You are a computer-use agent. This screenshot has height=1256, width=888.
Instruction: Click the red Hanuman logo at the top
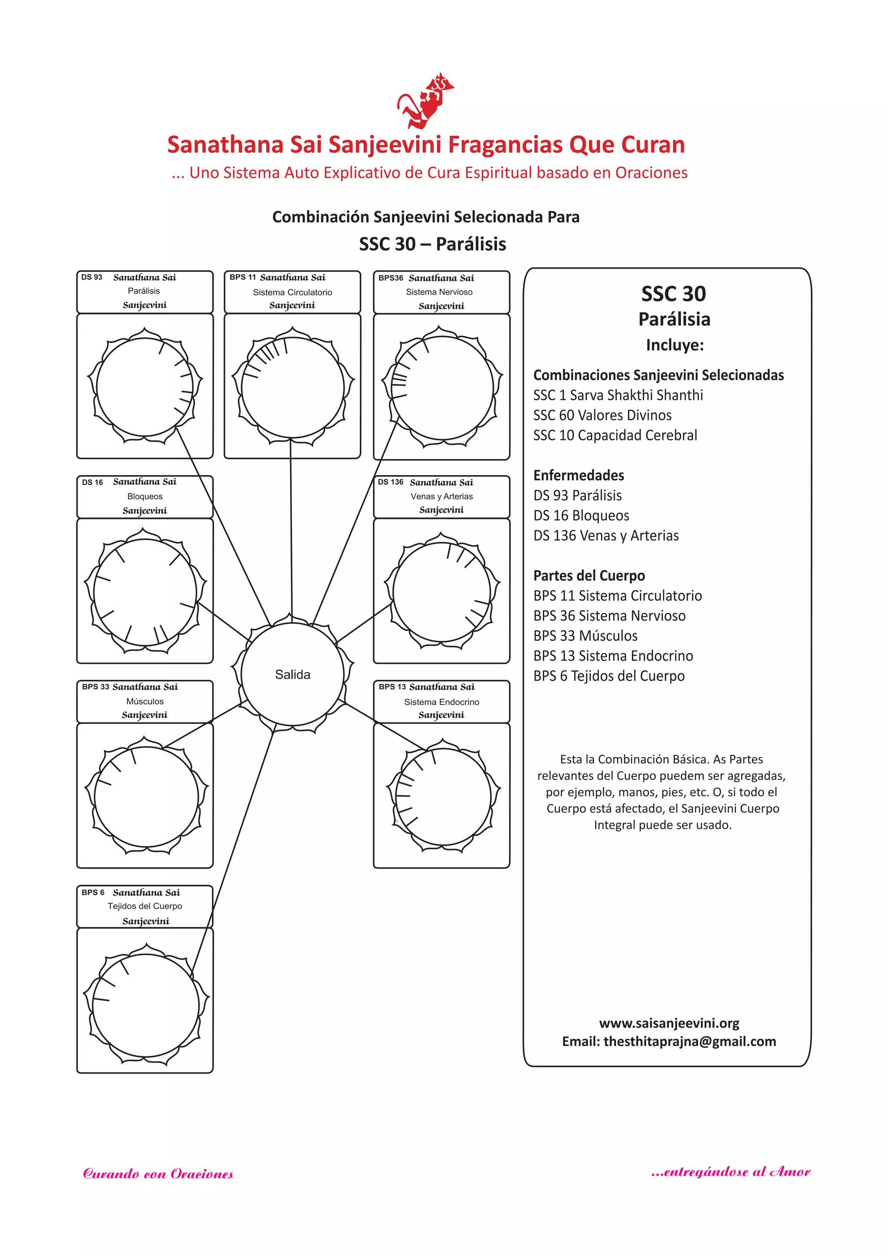(x=425, y=101)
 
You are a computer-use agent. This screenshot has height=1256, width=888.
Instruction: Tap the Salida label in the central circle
(x=293, y=675)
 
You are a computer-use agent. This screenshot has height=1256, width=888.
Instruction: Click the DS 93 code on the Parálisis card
(x=92, y=277)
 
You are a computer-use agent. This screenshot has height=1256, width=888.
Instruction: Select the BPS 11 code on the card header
(x=242, y=277)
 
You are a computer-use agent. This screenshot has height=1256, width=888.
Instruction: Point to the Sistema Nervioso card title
(x=439, y=292)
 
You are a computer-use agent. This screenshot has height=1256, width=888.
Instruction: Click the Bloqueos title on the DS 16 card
(x=145, y=496)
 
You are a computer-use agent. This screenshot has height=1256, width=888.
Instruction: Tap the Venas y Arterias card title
(x=442, y=496)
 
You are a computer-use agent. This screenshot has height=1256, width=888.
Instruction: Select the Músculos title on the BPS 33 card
(x=145, y=701)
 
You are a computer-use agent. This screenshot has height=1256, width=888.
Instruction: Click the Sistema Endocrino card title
(x=442, y=702)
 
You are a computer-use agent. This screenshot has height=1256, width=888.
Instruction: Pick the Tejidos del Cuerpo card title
(x=145, y=906)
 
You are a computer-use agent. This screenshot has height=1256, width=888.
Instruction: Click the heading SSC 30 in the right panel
(x=674, y=294)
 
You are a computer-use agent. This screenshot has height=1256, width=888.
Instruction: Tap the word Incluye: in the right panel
(x=675, y=345)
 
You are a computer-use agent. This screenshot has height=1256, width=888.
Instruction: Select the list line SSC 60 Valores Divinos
(x=602, y=415)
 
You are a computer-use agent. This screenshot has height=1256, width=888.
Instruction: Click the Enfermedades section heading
(x=578, y=476)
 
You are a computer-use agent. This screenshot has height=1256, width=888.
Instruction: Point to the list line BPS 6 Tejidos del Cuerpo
(x=609, y=676)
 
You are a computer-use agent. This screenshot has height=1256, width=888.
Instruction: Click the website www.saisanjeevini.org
(x=669, y=1023)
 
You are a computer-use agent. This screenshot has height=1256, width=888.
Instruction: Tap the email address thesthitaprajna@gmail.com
(x=689, y=1042)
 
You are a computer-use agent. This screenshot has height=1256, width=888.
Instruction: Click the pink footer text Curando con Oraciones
(x=158, y=1174)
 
